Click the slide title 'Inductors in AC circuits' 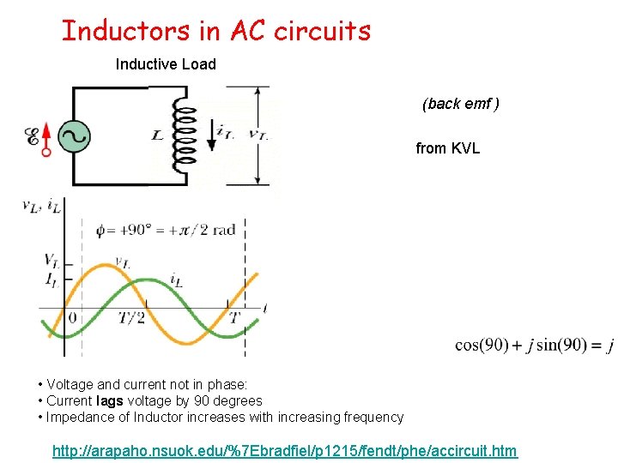point(216,31)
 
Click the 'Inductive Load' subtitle point(166,64)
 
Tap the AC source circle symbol point(74,135)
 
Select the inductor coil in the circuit point(183,135)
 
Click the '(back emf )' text point(460,104)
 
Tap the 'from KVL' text point(447,148)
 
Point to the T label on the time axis point(233,317)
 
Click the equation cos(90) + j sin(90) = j point(533,346)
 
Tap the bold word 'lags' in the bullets point(110,400)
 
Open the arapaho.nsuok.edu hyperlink point(285,450)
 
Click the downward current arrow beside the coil point(212,135)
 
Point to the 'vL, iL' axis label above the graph point(41,206)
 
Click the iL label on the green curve point(175,280)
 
